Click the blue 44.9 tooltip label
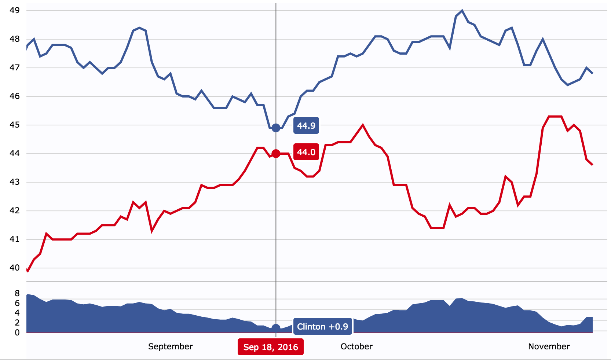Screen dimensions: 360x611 (306, 126)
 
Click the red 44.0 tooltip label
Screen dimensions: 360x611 (306, 152)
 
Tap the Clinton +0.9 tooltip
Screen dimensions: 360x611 (322, 327)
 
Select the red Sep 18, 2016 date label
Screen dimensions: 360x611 (271, 347)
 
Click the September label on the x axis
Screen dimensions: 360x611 (170, 346)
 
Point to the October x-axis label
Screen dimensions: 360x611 (356, 346)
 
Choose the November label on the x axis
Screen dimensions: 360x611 (549, 346)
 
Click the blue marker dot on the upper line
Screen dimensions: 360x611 (276, 128)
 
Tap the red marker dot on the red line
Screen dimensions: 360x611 (276, 154)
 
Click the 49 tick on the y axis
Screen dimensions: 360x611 (15, 11)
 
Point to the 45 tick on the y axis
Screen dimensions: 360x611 (15, 125)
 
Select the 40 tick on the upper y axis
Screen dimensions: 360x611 (15, 268)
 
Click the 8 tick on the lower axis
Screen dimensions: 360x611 (17, 293)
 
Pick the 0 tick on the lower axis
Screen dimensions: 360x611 (17, 333)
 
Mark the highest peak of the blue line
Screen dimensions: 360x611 (462, 11)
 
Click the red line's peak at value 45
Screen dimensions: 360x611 (363, 125)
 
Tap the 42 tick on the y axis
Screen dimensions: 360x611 (15, 211)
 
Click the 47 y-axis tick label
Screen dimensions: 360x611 (15, 68)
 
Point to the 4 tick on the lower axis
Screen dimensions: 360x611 (17, 313)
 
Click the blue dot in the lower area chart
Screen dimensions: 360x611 (276, 328)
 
